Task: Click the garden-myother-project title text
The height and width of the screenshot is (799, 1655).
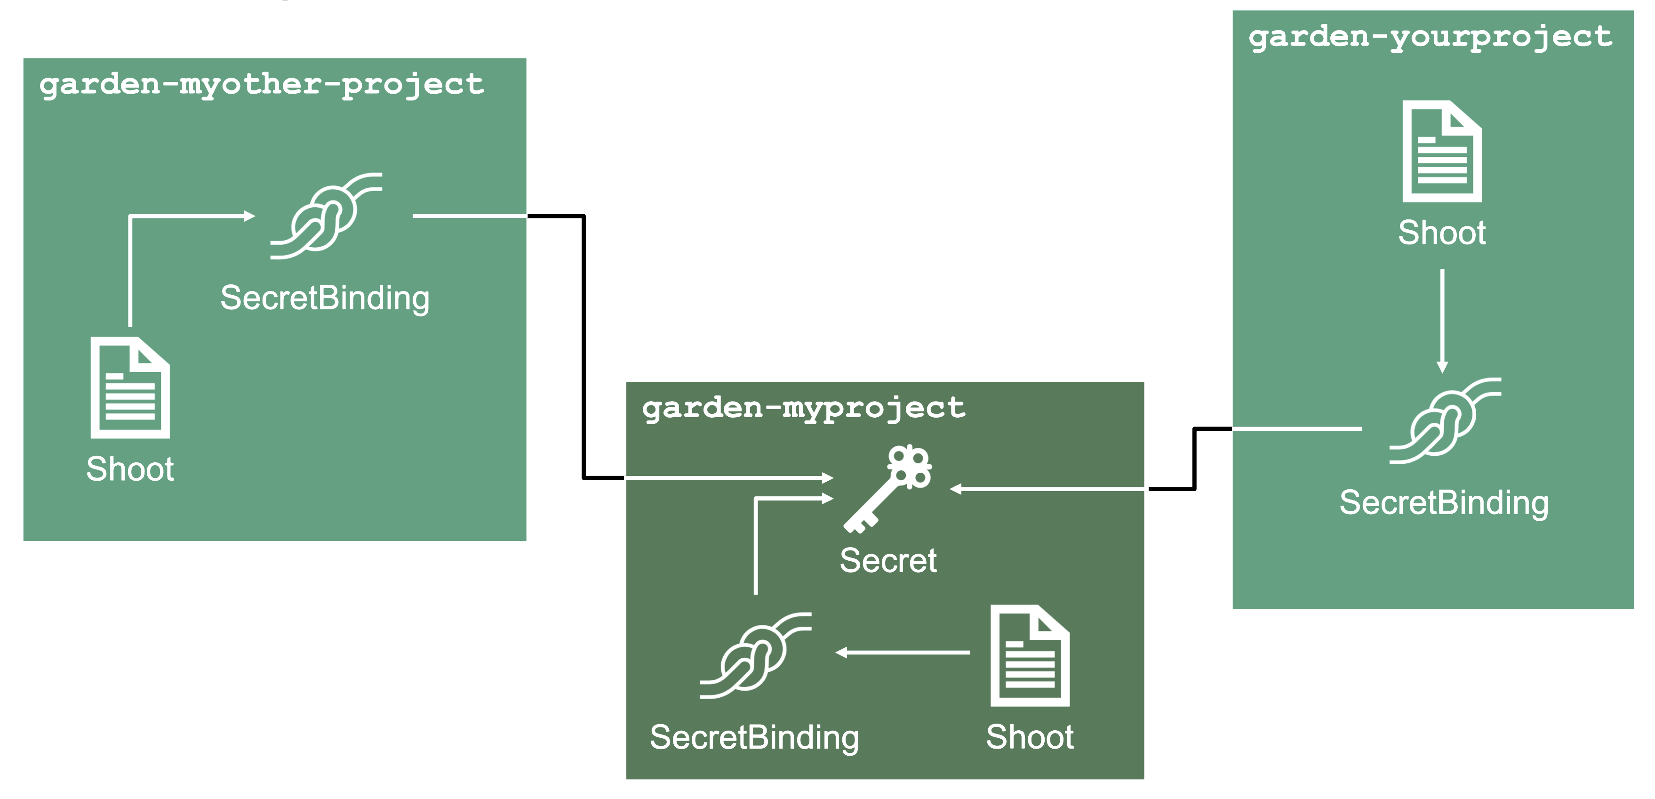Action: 262,85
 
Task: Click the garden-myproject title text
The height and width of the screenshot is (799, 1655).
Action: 803,408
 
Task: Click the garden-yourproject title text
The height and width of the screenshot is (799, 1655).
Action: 1430,37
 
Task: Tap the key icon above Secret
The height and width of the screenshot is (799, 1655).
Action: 888,489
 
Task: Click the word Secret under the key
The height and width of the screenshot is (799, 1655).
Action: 888,560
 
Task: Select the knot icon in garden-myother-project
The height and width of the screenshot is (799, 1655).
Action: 326,216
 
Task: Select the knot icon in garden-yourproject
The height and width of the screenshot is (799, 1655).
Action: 1445,421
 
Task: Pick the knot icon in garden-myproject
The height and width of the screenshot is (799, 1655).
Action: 756,656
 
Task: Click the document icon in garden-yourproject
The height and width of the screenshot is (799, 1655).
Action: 1442,152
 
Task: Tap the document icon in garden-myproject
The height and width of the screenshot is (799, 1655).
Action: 1030,656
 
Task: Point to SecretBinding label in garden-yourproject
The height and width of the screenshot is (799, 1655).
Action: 1444,503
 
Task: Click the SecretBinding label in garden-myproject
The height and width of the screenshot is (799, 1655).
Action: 754,737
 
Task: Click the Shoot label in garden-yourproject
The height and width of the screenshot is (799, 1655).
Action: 1442,233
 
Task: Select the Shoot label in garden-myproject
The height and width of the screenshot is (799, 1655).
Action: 1030,737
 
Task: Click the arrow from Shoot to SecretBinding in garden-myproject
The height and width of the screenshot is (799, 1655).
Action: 902,653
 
